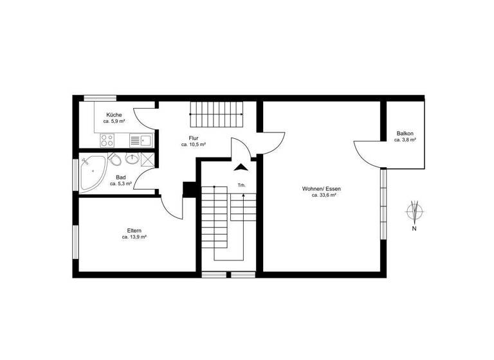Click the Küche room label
point(114,115)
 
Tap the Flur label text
point(193,138)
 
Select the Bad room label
point(120,177)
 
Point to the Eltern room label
point(134,231)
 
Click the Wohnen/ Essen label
point(322,188)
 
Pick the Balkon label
point(405,133)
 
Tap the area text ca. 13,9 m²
point(134,237)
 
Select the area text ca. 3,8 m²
point(405,139)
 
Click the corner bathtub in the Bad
point(93,171)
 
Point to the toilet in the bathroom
point(115,159)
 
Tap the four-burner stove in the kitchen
point(107,139)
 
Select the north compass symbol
point(415,210)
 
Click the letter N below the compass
point(415,228)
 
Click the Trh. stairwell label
point(241,185)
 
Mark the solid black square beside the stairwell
point(189,189)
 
